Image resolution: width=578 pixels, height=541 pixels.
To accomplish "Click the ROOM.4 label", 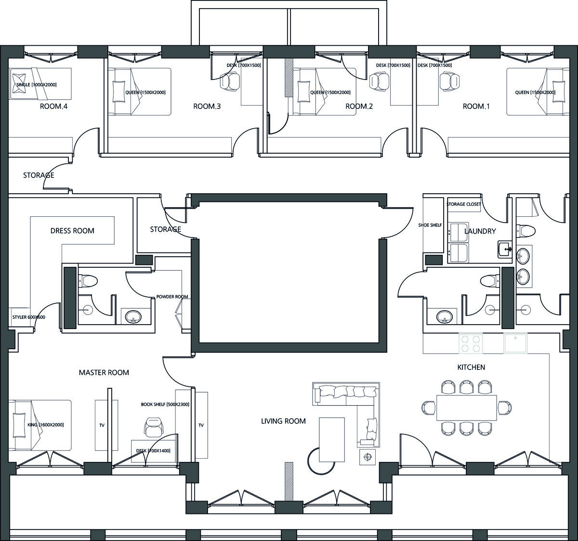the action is (x=53, y=106).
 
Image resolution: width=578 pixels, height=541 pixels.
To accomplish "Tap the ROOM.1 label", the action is (x=476, y=106).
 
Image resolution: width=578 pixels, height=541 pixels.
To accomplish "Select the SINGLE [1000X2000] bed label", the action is (x=37, y=85).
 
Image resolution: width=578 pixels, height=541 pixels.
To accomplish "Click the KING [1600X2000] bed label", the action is (x=45, y=425).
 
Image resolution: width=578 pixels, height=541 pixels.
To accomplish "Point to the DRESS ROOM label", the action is (x=72, y=231).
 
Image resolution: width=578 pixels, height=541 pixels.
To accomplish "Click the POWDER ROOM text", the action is (x=172, y=297).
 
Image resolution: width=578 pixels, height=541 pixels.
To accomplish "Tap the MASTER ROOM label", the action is (x=104, y=373).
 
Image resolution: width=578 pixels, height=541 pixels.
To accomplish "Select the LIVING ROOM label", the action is (x=283, y=421).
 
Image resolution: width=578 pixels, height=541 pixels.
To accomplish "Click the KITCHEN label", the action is (x=471, y=368).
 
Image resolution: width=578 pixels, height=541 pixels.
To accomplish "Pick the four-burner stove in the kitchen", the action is (x=470, y=343).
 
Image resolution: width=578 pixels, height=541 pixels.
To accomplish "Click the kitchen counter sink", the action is (x=515, y=343).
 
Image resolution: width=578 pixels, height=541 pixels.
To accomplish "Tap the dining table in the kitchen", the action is (x=467, y=408).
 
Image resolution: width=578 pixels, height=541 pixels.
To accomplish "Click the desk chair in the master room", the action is (x=154, y=427).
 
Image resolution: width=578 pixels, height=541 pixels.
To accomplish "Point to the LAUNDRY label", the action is (x=480, y=231).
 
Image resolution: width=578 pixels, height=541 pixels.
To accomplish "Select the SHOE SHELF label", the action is (x=430, y=225).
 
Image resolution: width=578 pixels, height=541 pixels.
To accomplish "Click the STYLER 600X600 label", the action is (x=28, y=317).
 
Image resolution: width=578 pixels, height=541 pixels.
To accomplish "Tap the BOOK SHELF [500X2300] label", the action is (x=165, y=405).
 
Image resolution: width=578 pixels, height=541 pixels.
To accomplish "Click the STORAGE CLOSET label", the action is (x=464, y=204).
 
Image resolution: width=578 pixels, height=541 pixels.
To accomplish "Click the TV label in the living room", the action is (x=201, y=425).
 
